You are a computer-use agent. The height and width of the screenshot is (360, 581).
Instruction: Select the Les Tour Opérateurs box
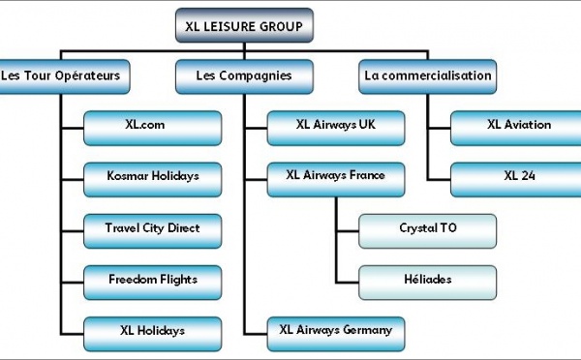pos(64,75)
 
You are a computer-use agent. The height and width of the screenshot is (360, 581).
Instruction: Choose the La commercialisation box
pos(426,75)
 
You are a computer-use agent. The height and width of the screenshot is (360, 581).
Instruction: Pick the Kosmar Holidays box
pos(153,177)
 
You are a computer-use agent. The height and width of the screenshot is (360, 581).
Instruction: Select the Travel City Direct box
pos(153,228)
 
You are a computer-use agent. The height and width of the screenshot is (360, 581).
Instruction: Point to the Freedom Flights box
pos(153,280)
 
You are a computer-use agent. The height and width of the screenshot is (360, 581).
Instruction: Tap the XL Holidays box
pos(153,331)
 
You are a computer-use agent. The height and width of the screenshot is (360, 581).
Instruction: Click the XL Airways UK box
pos(335,125)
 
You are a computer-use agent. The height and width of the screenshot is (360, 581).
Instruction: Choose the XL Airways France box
pos(335,176)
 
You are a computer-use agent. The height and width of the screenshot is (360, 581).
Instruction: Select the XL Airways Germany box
pos(335,331)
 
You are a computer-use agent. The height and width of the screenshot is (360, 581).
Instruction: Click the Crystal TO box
pos(426,229)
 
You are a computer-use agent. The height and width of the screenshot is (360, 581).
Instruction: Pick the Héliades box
pos(426,280)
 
